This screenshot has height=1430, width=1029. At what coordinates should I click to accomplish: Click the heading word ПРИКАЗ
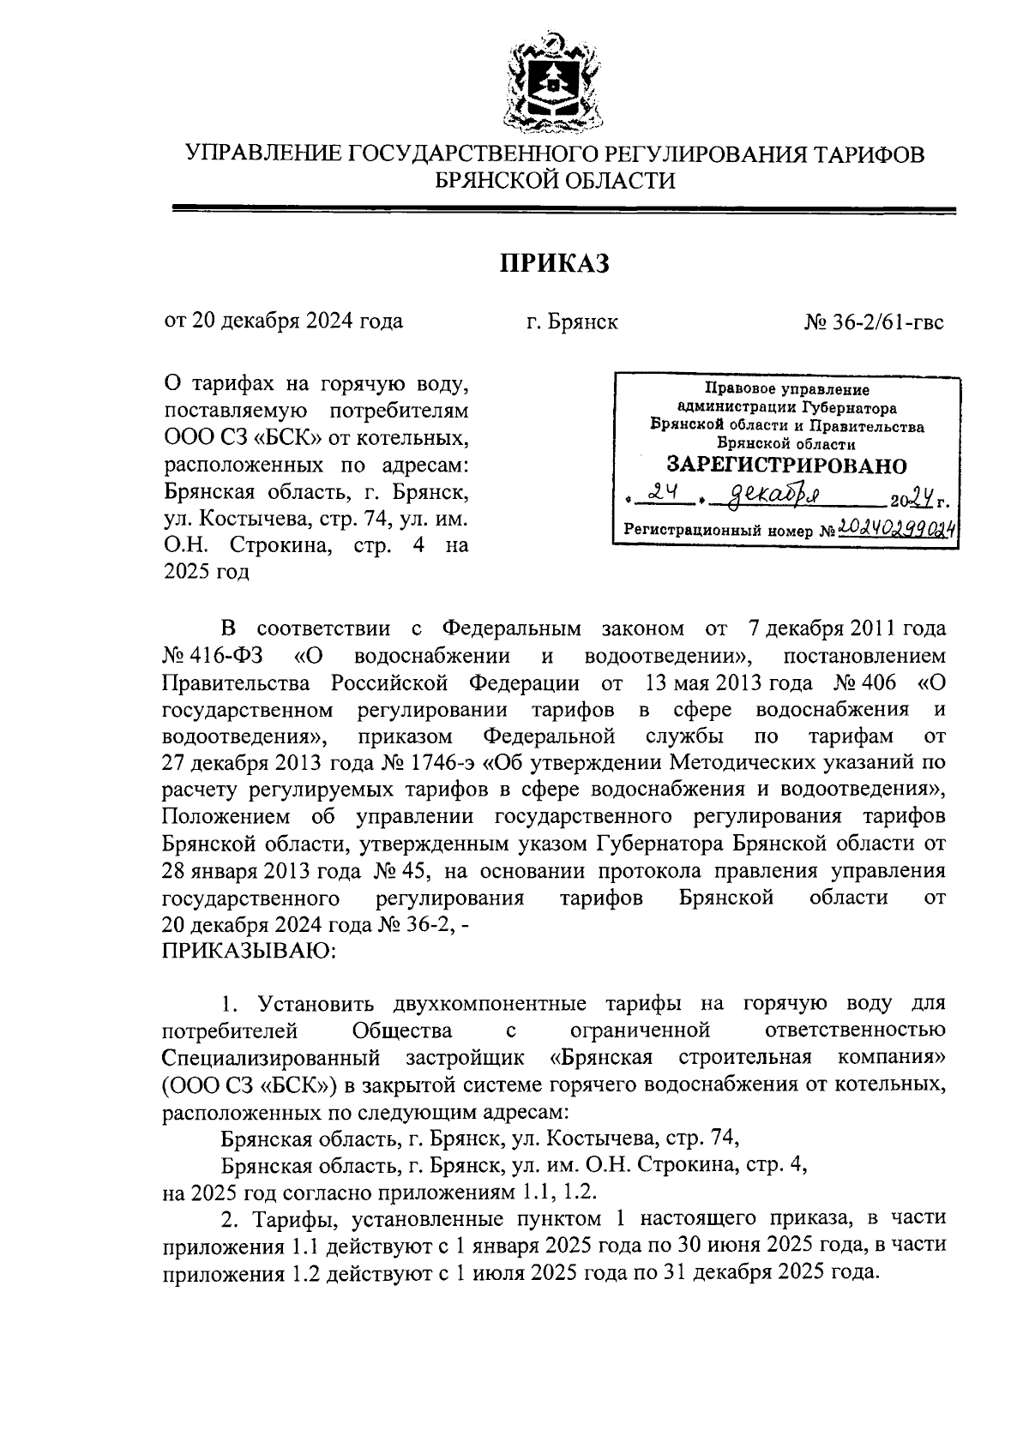[x=555, y=264]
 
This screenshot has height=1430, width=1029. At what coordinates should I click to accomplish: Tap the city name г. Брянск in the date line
[x=572, y=323]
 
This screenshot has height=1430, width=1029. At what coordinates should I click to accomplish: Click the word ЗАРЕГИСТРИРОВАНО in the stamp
[x=786, y=466]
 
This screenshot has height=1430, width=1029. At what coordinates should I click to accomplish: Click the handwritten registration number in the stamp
[x=897, y=529]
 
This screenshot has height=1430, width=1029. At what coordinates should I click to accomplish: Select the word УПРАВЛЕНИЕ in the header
[x=266, y=154]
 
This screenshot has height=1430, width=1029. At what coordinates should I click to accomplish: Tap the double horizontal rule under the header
[x=563, y=208]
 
